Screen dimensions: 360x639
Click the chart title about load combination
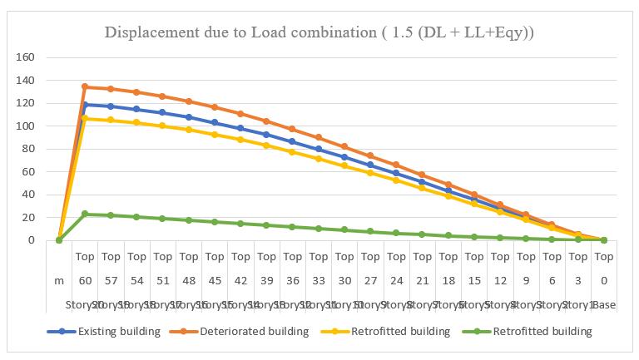coord(319,32)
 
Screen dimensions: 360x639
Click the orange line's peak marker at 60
coord(85,86)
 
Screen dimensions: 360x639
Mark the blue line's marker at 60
coord(85,105)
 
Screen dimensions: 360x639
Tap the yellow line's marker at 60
coord(85,118)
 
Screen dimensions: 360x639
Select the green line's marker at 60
coord(85,214)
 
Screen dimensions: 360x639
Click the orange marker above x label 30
coord(344,146)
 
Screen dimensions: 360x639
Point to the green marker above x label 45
coord(215,222)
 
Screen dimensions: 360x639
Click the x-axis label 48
coord(189,281)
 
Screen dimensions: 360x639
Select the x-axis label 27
coord(370,281)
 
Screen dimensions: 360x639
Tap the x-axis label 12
coord(500,281)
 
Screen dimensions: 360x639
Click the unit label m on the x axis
coord(59,281)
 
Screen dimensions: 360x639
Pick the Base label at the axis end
coord(604,305)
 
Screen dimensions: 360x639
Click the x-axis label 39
coord(266,281)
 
